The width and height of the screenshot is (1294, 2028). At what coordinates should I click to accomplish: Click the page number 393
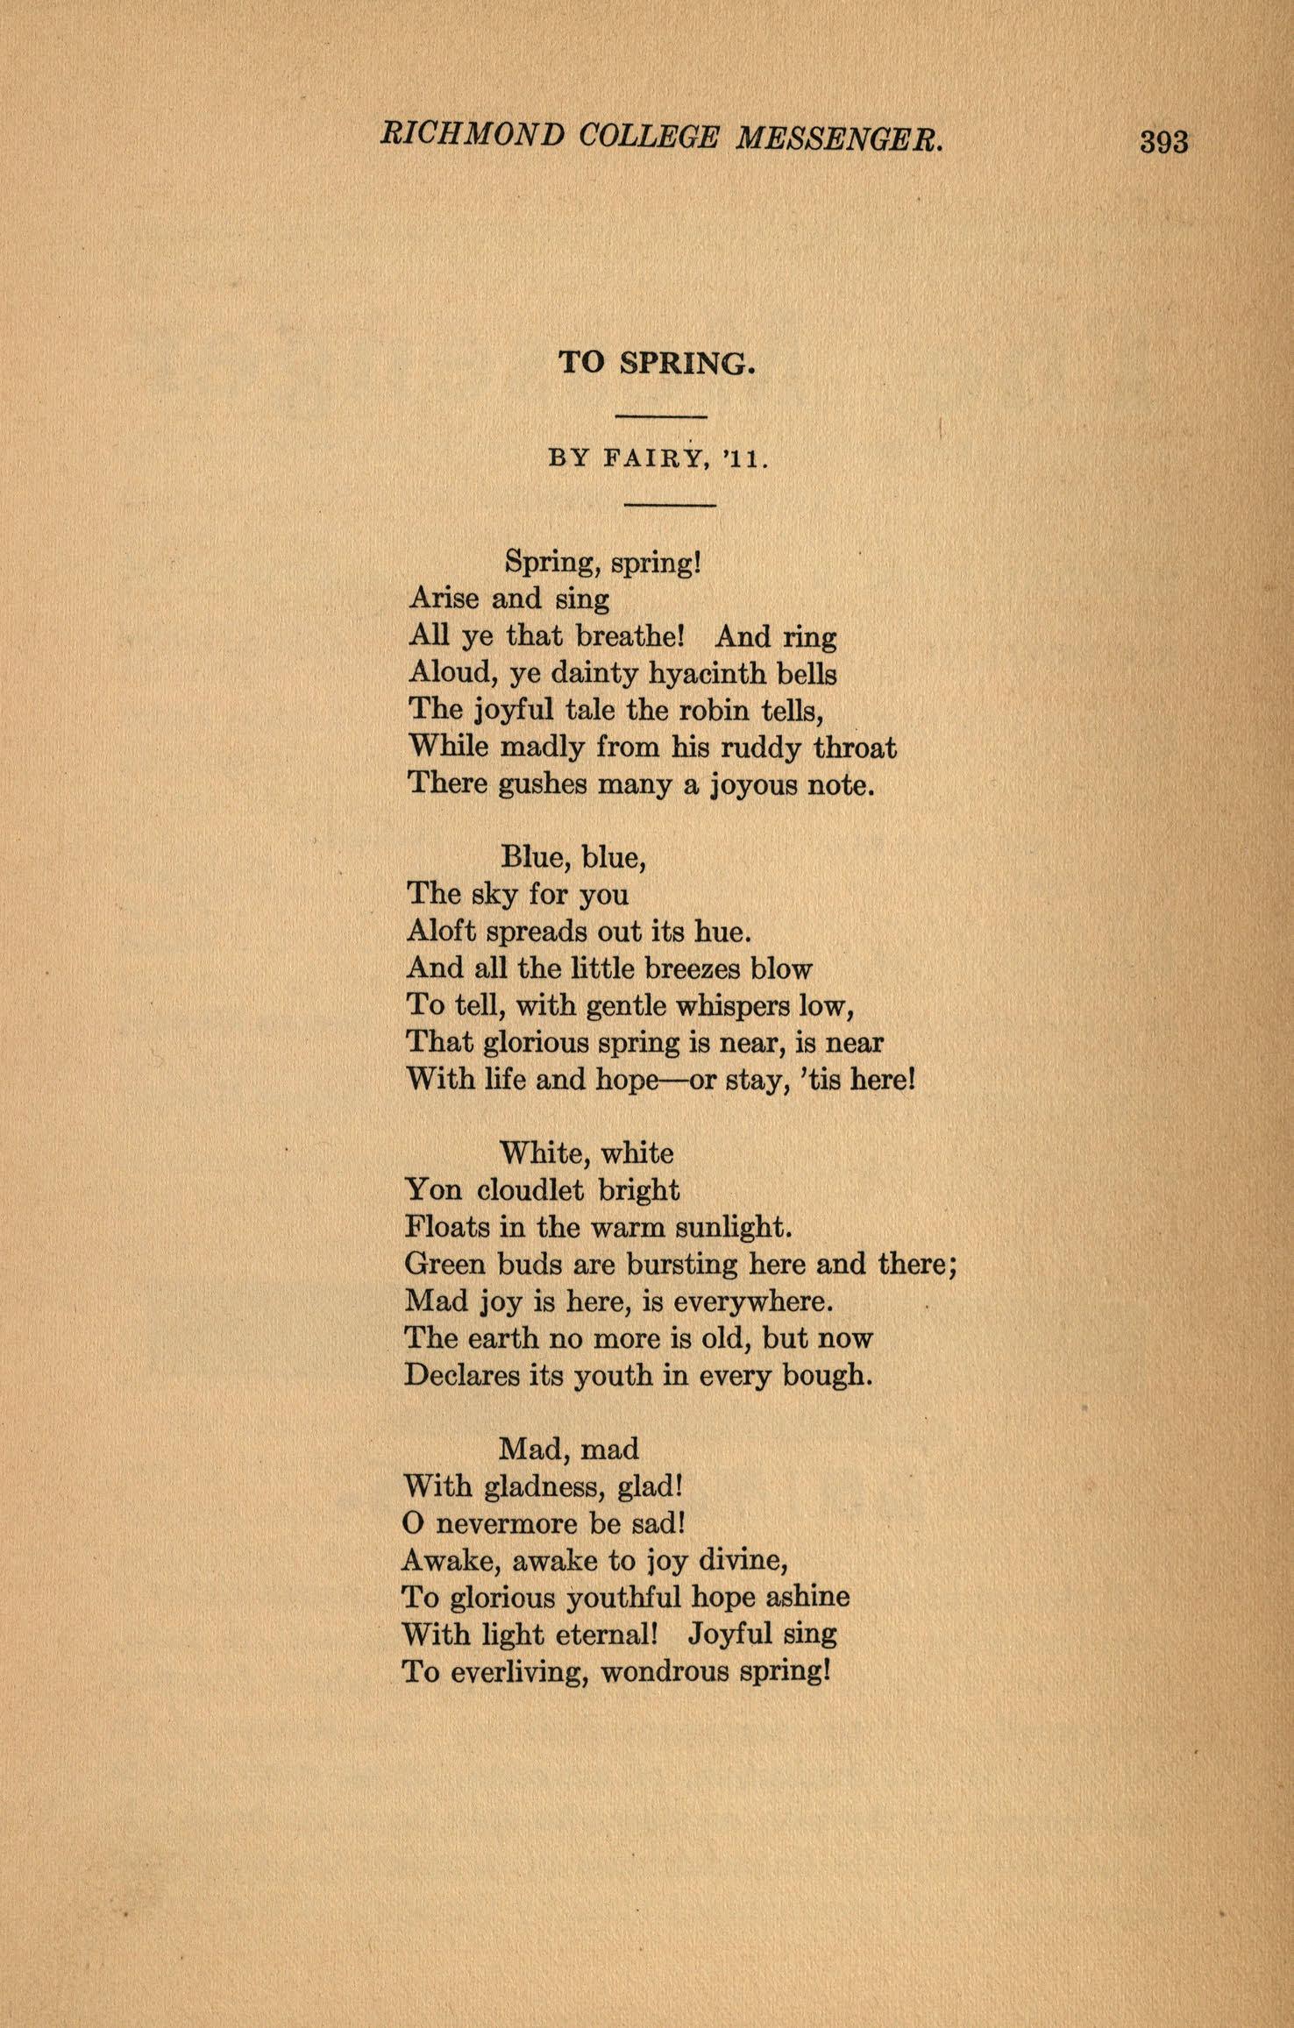pyautogui.click(x=1163, y=141)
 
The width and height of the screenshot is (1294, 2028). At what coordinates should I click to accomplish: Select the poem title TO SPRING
pyautogui.click(x=657, y=363)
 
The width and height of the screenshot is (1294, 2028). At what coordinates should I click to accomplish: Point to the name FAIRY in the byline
pyautogui.click(x=655, y=458)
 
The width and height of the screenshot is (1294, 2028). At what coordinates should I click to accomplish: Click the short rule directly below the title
pyautogui.click(x=661, y=415)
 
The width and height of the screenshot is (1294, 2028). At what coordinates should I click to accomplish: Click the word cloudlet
pyautogui.click(x=530, y=1190)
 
